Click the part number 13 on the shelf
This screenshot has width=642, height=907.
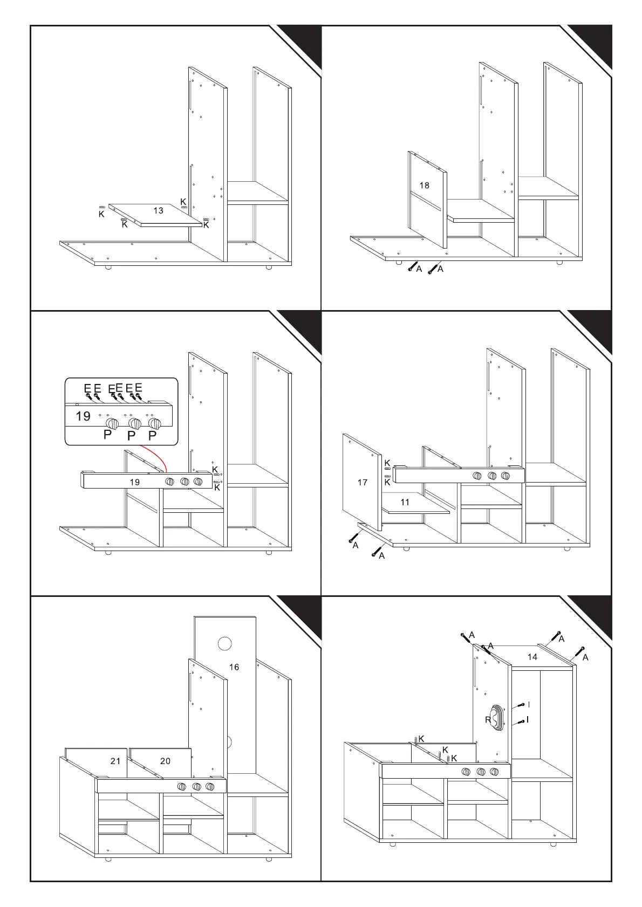[158, 210]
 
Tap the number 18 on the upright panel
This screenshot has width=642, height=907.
[425, 185]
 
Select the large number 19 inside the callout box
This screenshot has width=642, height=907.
[83, 416]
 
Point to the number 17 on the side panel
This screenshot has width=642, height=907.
[363, 482]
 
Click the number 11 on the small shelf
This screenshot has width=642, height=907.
[405, 502]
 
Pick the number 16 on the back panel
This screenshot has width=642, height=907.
[234, 667]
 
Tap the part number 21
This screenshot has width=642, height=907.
[115, 761]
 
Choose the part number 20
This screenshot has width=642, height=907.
[165, 761]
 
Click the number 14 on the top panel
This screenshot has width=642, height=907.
[532, 657]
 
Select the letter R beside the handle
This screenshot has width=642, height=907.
[488, 720]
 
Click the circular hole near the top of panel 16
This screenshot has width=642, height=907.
[224, 643]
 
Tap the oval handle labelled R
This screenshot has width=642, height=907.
[497, 718]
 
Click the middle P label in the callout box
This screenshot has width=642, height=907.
[131, 435]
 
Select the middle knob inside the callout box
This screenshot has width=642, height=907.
[134, 423]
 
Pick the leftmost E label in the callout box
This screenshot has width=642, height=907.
[87, 388]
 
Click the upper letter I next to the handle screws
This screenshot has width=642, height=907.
[529, 704]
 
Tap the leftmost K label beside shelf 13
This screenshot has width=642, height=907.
[101, 214]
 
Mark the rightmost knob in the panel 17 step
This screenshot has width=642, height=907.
[506, 476]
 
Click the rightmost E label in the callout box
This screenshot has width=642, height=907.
[139, 388]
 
